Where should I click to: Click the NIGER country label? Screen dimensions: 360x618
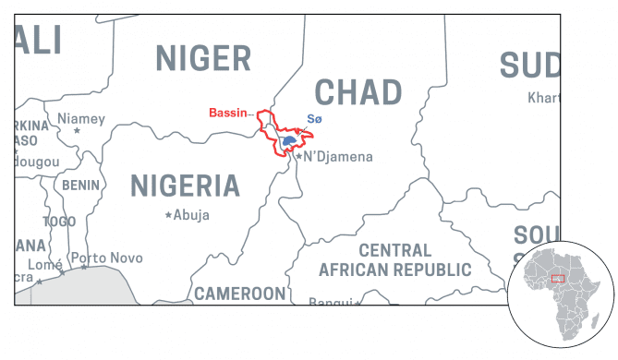pos(203,58)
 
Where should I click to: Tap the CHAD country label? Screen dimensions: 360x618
pos(358,91)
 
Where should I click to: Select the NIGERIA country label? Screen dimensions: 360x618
pos(185,185)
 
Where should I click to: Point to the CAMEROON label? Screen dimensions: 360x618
pos(239,294)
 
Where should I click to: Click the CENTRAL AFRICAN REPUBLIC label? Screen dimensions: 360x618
pos(394,260)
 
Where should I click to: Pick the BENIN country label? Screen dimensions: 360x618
pos(80,186)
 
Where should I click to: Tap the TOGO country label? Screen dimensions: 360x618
pos(59,222)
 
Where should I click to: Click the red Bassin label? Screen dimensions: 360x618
pos(227,113)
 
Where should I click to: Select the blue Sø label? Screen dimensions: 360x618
pos(314,118)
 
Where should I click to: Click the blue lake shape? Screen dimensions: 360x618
pos(289,141)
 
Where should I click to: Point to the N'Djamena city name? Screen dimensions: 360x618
pos(338,157)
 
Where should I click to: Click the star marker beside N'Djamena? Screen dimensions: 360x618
pos(298,158)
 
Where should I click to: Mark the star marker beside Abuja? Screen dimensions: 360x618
pos(168,215)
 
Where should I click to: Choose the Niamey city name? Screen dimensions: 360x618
pos(81,118)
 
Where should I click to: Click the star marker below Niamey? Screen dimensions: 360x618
pos(77,131)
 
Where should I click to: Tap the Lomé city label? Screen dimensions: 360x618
pos(44,264)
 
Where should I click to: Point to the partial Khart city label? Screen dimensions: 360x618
pos(543,97)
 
